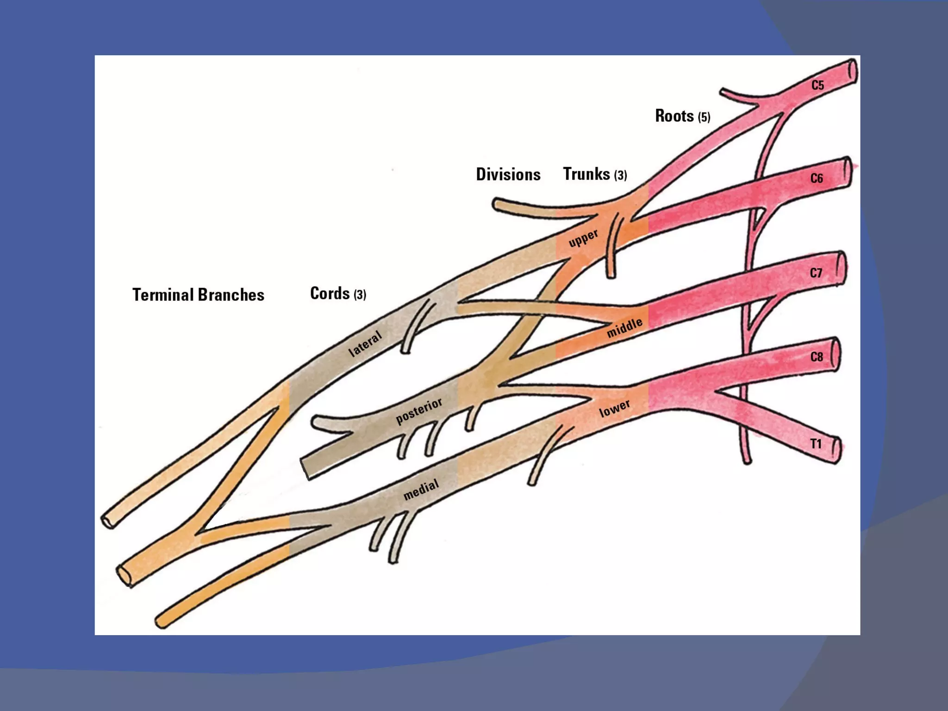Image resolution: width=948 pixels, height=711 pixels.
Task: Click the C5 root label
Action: pos(817,85)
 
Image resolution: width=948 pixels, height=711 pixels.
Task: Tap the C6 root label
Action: pos(817,179)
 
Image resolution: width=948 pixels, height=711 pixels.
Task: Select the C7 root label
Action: pos(816,273)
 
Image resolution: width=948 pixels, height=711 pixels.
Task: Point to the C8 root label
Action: pos(817,357)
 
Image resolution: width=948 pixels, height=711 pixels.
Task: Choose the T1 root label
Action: pos(816,444)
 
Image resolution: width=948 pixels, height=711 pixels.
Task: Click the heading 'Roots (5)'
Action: pos(682,116)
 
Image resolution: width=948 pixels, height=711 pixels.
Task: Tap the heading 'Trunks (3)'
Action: pos(595,175)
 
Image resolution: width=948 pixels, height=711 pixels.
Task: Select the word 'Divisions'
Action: pos(508,175)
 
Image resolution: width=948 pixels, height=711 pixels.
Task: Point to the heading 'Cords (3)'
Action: pos(338,293)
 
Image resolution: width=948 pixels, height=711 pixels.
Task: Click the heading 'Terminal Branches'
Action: pos(198,295)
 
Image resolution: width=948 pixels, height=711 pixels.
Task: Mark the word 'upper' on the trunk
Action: pos(583,238)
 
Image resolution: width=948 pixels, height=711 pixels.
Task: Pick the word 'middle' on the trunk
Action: pos(624,327)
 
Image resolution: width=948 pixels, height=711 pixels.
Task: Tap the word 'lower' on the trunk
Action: pos(614,408)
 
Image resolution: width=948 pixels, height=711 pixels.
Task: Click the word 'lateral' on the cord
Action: pos(365,344)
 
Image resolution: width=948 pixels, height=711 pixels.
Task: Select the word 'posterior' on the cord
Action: pos(419,411)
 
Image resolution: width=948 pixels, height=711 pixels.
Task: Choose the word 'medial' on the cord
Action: pos(421,490)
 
